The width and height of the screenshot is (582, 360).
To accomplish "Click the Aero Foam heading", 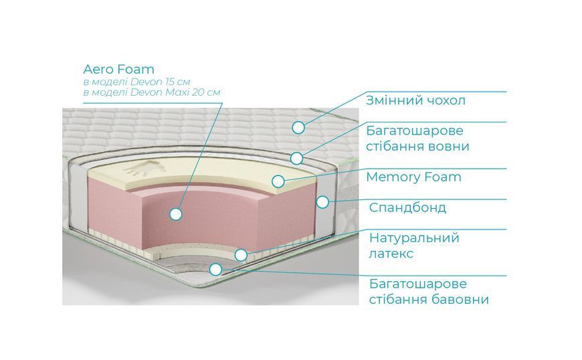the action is coord(118,69).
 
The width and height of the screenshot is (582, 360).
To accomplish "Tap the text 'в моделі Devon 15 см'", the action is coord(136,82).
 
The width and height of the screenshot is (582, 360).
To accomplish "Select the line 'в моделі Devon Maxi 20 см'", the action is coord(151,92).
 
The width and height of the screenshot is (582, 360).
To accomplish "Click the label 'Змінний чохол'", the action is coord(415,100).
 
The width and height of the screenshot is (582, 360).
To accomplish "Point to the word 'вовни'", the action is coord(448,146).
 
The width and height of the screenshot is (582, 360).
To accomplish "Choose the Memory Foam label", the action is coord(413,177).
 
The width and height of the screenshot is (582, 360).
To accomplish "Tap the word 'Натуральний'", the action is coord(414,238).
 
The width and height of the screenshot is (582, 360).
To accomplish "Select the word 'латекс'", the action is coord(391,254).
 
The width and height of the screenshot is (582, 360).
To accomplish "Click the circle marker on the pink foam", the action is coord(175,213).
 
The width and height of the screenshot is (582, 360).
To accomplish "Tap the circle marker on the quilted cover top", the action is coord(298,128).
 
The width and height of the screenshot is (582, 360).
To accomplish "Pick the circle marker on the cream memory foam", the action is coord(278,181).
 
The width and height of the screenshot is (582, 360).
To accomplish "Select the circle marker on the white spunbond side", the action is coord(322,202).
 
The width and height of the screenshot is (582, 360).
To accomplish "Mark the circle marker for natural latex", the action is coord(241,255).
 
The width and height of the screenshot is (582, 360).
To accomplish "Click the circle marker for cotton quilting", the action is coord(215,270).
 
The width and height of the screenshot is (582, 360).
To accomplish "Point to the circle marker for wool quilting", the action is coord(296,158).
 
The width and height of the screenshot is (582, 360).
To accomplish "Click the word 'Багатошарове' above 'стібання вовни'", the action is coord(415,131).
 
